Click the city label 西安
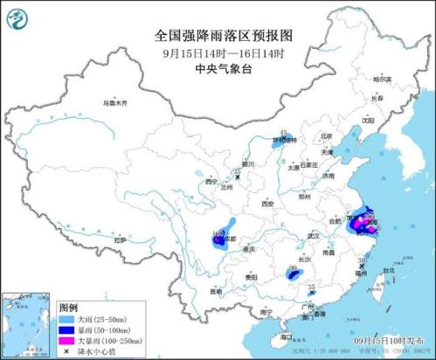pos(267,204)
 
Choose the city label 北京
pos(326,136)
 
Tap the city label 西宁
pos(211,182)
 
